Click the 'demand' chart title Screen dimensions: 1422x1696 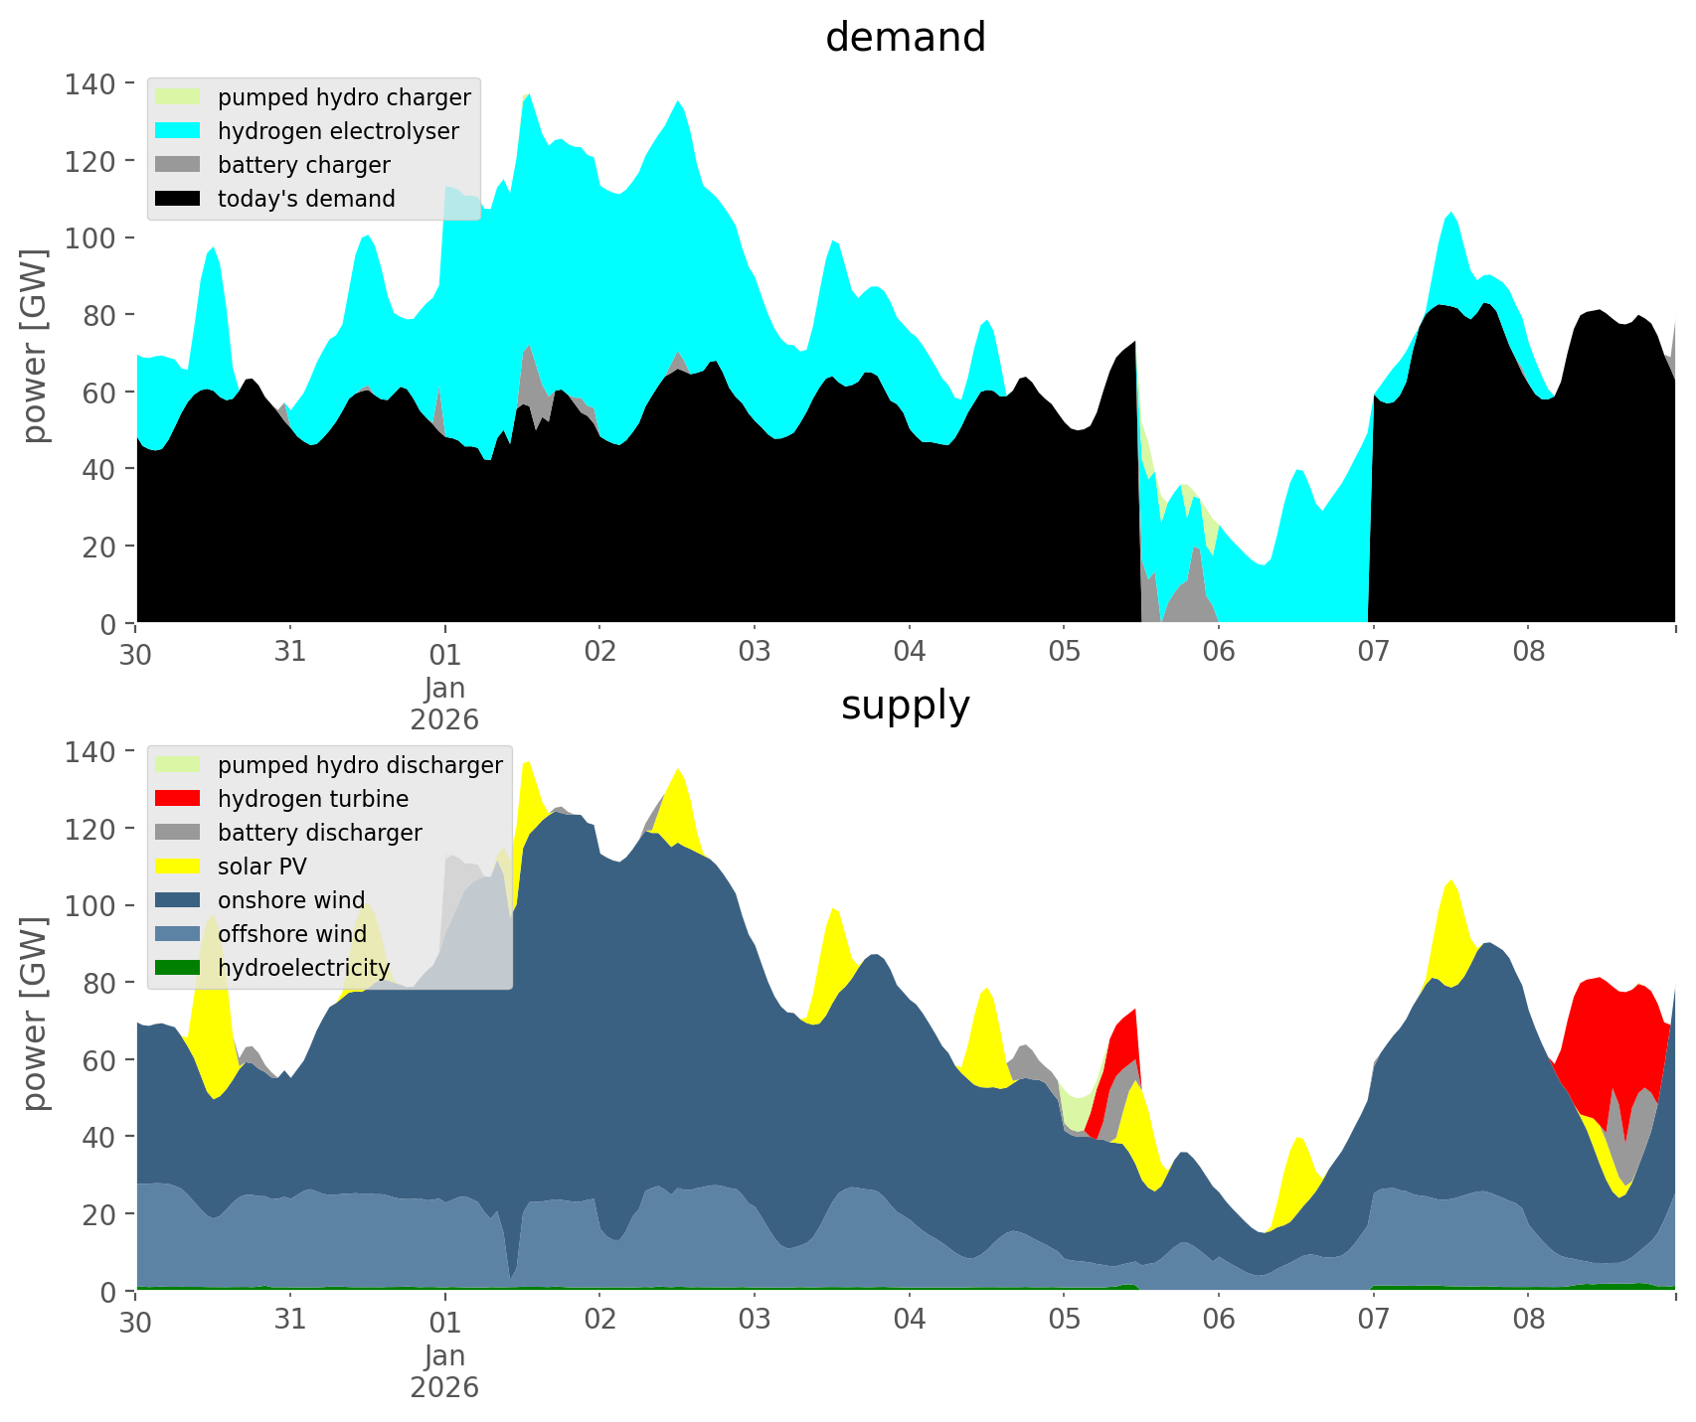[x=905, y=38]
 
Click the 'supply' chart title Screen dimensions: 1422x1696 [x=905, y=706]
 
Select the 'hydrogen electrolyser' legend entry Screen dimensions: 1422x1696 [x=338, y=131]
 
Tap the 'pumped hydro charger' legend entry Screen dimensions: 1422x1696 [x=344, y=97]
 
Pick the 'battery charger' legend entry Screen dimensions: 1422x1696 [x=303, y=165]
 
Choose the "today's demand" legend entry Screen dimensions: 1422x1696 [x=306, y=199]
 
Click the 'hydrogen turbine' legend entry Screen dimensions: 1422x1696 [x=313, y=799]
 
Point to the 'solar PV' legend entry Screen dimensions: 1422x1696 [x=262, y=867]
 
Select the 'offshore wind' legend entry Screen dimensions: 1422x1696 [x=292, y=934]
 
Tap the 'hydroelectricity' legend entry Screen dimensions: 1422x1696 [x=303, y=968]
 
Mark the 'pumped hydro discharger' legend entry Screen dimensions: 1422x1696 [x=360, y=765]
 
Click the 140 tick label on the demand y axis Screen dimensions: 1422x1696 [x=88, y=83]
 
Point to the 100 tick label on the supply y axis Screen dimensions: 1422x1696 [x=88, y=906]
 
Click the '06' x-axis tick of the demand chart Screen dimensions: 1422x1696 [x=1219, y=652]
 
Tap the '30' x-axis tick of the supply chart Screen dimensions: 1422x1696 [x=135, y=1321]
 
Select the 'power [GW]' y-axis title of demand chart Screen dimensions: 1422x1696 [x=35, y=346]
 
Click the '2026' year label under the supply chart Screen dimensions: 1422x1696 [x=444, y=1387]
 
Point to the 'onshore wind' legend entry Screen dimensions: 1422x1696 [x=291, y=900]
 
